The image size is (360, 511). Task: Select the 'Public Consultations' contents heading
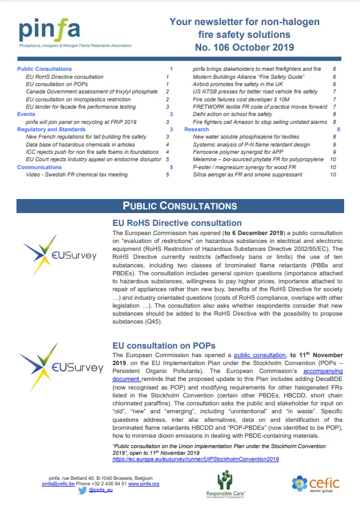(45, 69)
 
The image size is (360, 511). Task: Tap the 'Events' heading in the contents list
(26, 114)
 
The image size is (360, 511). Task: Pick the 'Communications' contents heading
(40, 167)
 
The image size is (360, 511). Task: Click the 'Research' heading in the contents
(196, 129)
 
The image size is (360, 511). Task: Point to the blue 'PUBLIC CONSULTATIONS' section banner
(179, 205)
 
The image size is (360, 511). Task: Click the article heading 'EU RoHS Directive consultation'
(178, 223)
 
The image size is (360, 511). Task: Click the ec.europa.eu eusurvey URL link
(196, 458)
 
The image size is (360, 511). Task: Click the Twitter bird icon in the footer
(82, 490)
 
